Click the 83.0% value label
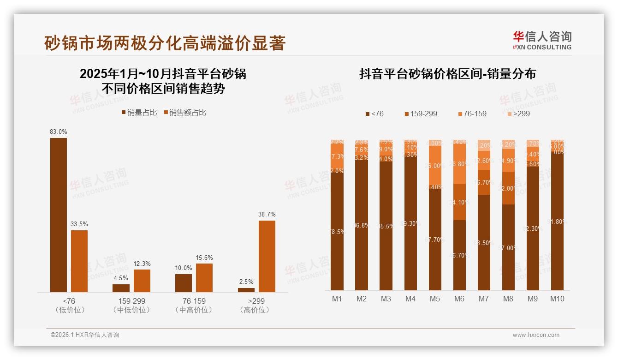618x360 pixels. (x=59, y=132)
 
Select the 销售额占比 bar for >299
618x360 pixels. (x=267, y=256)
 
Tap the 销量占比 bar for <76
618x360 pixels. (x=59, y=215)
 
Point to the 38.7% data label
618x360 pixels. (x=267, y=214)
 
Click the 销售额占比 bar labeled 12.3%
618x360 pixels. (x=142, y=281)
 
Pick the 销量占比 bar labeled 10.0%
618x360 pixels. (x=184, y=283)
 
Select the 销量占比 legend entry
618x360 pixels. (x=139, y=112)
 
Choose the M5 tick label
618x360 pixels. (x=434, y=299)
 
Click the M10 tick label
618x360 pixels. (x=557, y=299)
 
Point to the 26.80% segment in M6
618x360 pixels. (x=459, y=164)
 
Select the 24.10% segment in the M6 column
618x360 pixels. (x=459, y=202)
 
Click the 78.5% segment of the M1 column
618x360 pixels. (x=337, y=231)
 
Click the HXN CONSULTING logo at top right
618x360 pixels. (x=542, y=40)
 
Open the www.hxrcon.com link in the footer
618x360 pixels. (x=536, y=335)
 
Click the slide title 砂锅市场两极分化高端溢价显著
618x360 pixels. (x=165, y=43)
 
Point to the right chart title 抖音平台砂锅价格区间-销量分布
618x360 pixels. (x=447, y=74)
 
